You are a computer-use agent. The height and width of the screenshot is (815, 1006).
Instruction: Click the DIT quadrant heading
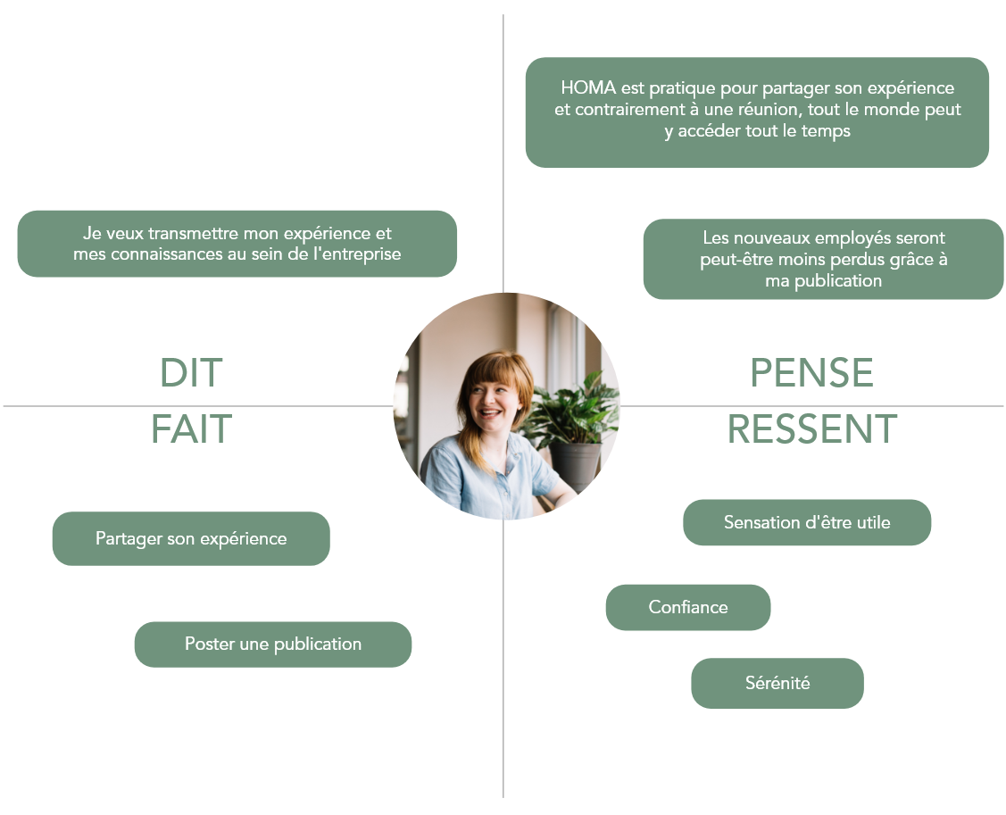click(x=191, y=373)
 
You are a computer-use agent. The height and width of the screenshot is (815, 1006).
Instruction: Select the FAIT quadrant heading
click(x=191, y=429)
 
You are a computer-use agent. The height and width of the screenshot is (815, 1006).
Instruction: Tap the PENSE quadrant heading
click(x=811, y=373)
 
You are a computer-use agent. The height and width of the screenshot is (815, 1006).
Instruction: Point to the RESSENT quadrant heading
click(x=811, y=429)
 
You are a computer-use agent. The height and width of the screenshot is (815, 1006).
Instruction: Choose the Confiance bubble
click(x=687, y=607)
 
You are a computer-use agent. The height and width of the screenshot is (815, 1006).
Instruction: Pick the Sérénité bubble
click(x=777, y=683)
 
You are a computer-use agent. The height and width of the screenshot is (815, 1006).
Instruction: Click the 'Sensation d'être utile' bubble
click(x=806, y=522)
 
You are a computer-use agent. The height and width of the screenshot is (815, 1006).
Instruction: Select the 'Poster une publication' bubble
click(x=272, y=644)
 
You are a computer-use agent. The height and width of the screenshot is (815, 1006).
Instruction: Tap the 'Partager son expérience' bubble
click(x=191, y=538)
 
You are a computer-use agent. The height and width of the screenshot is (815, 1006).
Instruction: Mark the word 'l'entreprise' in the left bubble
click(x=356, y=254)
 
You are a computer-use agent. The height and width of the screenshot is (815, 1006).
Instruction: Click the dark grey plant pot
click(x=576, y=464)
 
